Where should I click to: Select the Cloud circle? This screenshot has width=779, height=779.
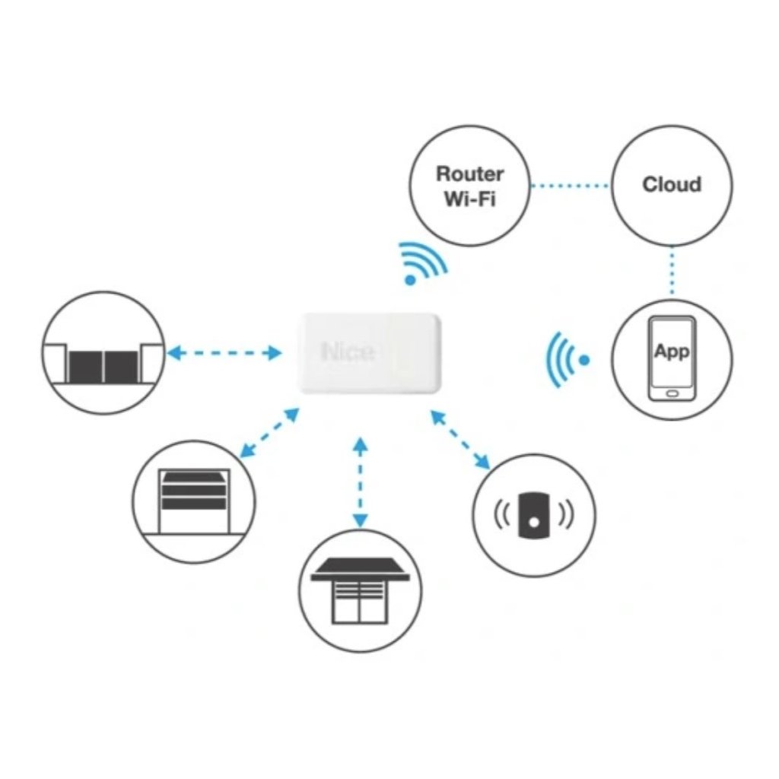pyautogui.click(x=672, y=185)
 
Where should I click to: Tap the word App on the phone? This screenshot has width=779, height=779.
pyautogui.click(x=672, y=351)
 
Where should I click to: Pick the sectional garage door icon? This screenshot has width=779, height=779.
pyautogui.click(x=194, y=502)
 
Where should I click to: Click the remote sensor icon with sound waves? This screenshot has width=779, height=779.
pyautogui.click(x=533, y=515)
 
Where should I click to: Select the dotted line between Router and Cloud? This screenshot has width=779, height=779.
pyautogui.click(x=570, y=185)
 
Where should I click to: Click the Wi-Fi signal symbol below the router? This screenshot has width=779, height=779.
pyautogui.click(x=423, y=263)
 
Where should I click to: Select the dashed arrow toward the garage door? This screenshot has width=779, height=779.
pyautogui.click(x=269, y=434)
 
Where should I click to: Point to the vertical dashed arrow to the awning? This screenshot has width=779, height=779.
pyautogui.click(x=361, y=482)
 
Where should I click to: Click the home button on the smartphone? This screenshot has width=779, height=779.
pyautogui.click(x=672, y=393)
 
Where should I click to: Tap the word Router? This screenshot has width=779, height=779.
pyautogui.click(x=469, y=173)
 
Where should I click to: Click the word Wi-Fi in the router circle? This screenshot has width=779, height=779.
pyautogui.click(x=469, y=202)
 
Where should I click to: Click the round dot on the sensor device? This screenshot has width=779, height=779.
pyautogui.click(x=534, y=522)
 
